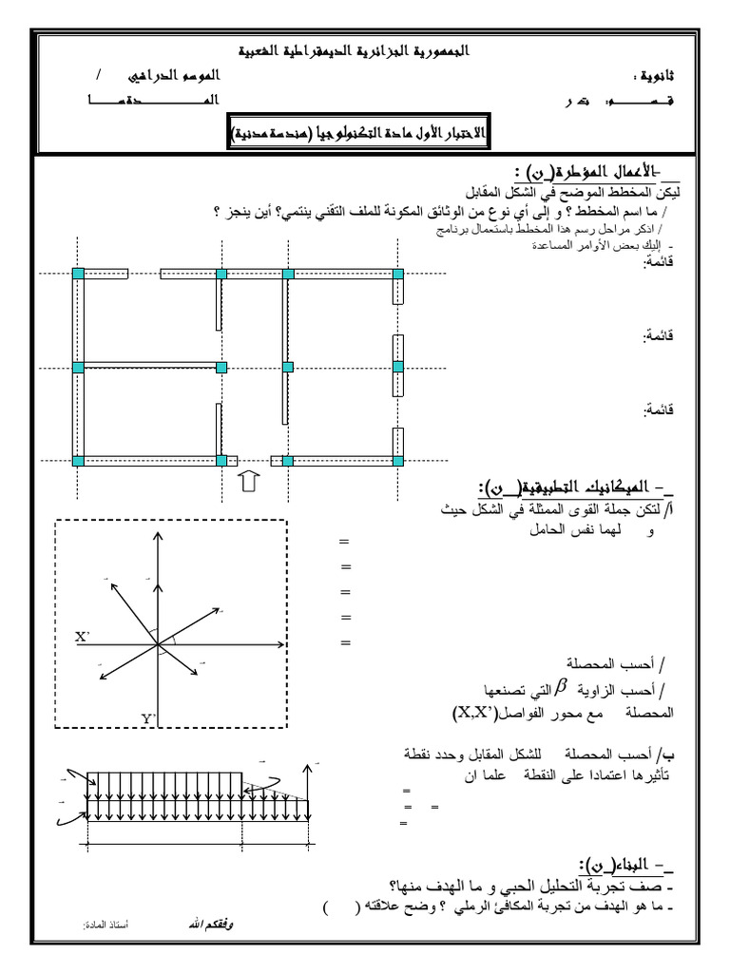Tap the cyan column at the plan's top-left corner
click(x=79, y=274)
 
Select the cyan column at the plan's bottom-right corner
click(x=397, y=461)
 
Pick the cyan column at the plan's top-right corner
click(x=397, y=274)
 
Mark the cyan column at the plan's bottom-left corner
click(x=79, y=461)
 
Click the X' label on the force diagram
click(x=83, y=638)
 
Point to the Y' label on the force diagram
click(x=149, y=719)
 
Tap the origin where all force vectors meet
click(x=158, y=647)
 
